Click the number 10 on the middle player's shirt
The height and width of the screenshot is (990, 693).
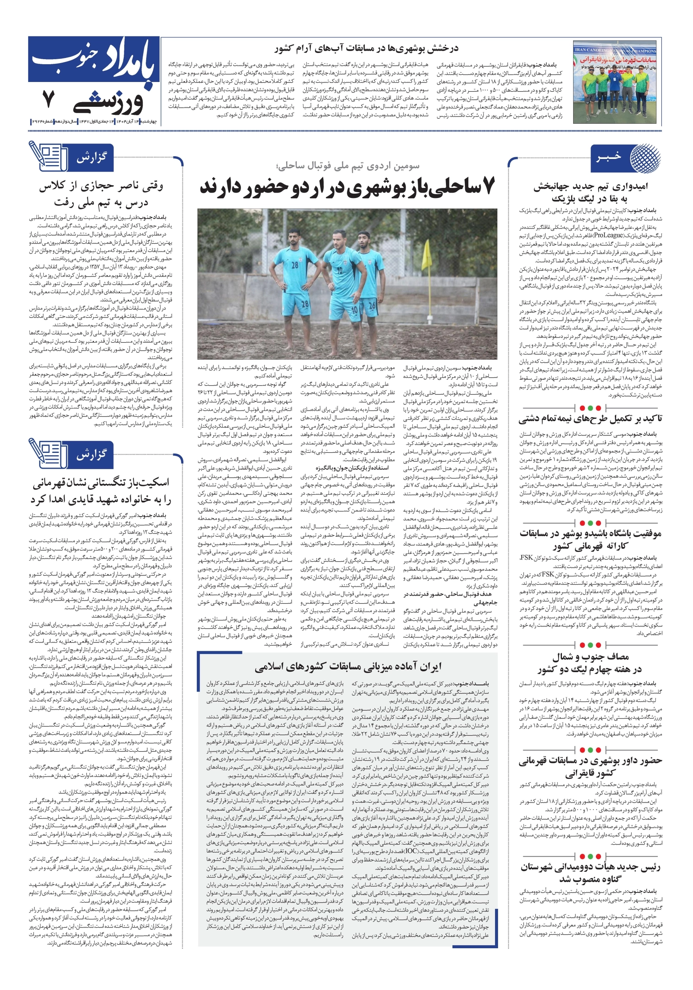pos(340,270)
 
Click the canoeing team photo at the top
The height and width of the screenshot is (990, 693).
pos(616,82)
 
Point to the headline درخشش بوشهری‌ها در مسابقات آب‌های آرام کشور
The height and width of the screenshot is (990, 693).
pos(366,48)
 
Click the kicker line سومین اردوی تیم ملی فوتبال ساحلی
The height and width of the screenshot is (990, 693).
pos(348,166)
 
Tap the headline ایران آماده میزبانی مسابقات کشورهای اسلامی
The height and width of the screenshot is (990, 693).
pos(348,667)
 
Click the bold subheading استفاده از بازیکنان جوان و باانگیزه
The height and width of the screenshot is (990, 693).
pos(352,468)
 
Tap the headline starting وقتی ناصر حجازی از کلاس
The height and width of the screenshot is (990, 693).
pos(101,194)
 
